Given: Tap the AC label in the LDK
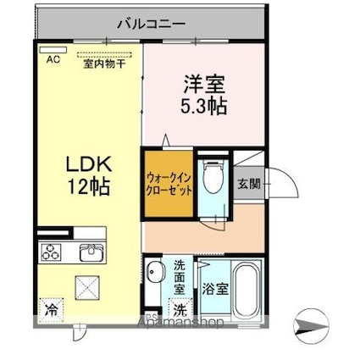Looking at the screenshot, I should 53,59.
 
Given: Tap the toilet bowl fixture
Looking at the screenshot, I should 215,177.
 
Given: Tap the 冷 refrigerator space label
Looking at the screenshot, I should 51,310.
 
